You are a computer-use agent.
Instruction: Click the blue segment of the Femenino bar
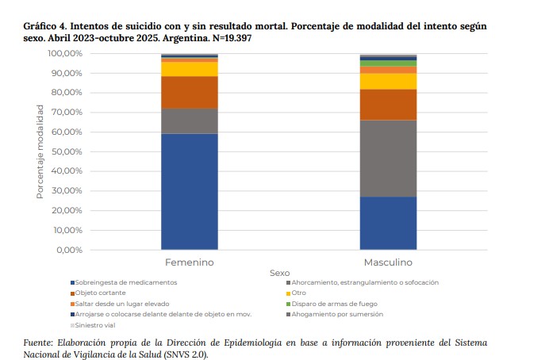pyautogui.click(x=190, y=191)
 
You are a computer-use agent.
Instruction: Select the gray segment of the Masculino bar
pyautogui.click(x=388, y=158)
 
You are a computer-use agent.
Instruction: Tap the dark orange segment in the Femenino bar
pyautogui.click(x=190, y=92)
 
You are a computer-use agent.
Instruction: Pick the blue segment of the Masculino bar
pyautogui.click(x=388, y=223)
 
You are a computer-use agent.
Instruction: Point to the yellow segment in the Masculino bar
pyautogui.click(x=388, y=81)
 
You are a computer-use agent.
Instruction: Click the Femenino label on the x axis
pyautogui.click(x=190, y=262)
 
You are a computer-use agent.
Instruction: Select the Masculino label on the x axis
pyautogui.click(x=388, y=262)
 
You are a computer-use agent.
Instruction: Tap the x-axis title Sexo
pyautogui.click(x=280, y=272)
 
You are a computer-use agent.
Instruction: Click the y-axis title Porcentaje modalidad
pyautogui.click(x=40, y=151)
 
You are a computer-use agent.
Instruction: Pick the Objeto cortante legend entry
pyautogui.click(x=102, y=293)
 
